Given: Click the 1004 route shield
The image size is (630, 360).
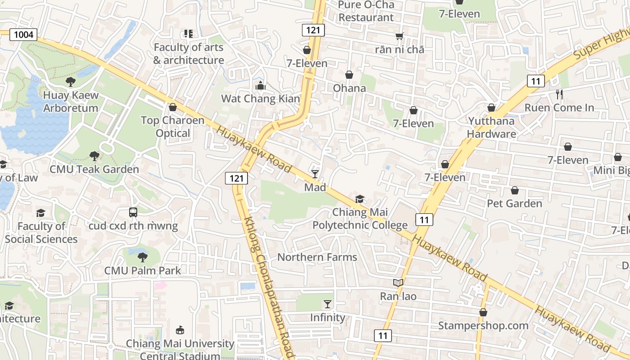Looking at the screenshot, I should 23,34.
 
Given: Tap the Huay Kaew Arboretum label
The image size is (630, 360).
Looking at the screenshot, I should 70,102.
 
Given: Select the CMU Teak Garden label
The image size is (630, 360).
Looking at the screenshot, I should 94,170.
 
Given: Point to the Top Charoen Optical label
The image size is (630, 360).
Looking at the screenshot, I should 173,127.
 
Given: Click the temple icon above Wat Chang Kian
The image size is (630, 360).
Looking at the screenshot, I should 260,85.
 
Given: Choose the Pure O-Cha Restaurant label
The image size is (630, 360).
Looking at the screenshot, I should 366,11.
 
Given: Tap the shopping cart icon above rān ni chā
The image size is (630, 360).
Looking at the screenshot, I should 399,36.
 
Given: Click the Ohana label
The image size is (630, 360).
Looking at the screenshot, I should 349,88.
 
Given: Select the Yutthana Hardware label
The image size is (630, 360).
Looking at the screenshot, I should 491,127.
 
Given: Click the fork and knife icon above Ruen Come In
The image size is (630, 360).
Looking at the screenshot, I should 559,94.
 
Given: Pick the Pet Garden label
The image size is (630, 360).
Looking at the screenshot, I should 514,204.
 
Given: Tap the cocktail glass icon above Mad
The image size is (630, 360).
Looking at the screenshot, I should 315,174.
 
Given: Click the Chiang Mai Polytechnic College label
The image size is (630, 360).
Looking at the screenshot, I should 360,219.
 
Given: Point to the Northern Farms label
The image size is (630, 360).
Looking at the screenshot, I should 317,257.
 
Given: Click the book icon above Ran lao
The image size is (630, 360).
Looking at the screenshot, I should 398,283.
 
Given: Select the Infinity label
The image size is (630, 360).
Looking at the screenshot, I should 328,318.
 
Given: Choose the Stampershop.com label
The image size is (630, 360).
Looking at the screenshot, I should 483,325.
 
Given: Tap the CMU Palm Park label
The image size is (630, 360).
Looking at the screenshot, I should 143,270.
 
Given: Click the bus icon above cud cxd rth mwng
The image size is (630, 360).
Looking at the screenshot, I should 133,212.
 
